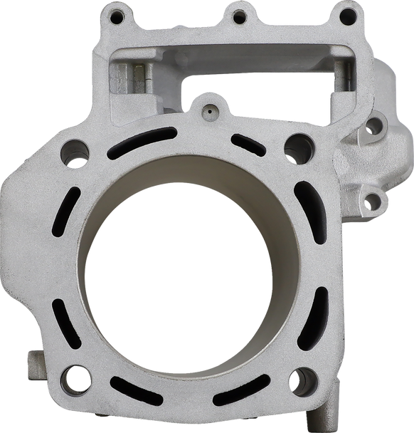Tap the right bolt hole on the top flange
[x=347, y=13]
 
